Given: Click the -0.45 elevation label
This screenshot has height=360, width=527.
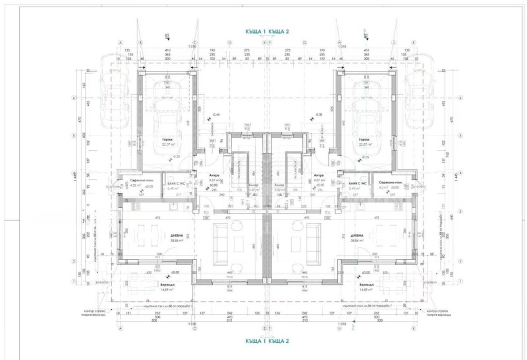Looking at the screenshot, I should coord(216,114).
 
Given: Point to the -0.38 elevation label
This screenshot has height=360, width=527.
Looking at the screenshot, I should coord(319,114).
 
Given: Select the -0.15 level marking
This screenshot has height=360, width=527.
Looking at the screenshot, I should coord(366,157).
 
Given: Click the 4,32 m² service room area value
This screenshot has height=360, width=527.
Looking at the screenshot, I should coord(135,187).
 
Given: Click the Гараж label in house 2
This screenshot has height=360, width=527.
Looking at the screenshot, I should coord(364,140).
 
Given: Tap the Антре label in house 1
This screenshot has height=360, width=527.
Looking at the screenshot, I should coord(213,175).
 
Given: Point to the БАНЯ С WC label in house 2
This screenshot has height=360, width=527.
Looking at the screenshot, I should coord(357,182).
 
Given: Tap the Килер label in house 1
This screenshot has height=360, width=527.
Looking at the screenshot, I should coord(254,185).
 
